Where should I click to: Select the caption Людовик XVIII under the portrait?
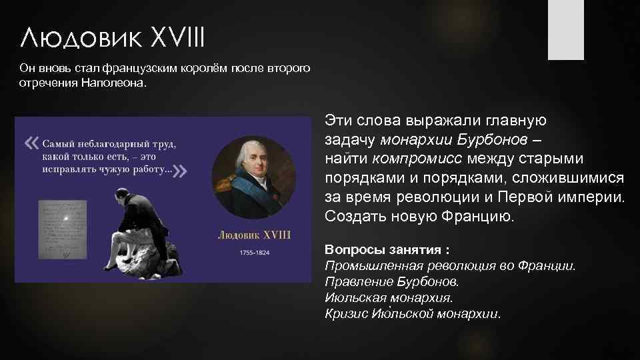tap(254, 235)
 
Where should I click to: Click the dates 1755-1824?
tap(255, 253)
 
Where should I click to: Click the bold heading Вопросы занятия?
tap(387, 250)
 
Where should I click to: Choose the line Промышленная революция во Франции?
tap(449, 265)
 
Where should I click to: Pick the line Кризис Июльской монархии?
tap(412, 313)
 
